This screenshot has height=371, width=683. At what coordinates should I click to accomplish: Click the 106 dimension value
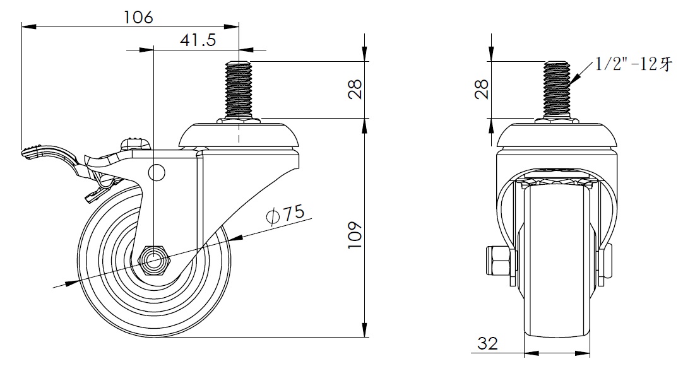138,17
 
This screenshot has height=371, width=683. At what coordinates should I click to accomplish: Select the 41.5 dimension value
198,40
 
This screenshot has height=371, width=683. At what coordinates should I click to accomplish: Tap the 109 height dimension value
355,235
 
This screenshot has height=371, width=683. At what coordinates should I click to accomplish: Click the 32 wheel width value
487,343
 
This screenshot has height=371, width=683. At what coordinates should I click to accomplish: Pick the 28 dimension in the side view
356,89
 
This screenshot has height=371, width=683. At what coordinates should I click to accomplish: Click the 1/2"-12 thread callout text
633,64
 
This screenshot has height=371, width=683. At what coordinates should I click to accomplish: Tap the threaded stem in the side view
238,89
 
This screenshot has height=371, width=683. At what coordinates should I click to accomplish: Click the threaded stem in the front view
558,89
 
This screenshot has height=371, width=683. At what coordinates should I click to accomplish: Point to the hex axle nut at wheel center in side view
153,261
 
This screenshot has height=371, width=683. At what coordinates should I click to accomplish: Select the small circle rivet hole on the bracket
157,172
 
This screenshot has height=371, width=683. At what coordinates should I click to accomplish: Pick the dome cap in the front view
557,136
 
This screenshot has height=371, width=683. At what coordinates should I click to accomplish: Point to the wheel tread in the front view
557,261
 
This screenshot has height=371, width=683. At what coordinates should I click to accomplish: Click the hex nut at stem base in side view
238,121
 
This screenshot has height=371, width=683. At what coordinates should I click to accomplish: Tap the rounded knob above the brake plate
136,143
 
